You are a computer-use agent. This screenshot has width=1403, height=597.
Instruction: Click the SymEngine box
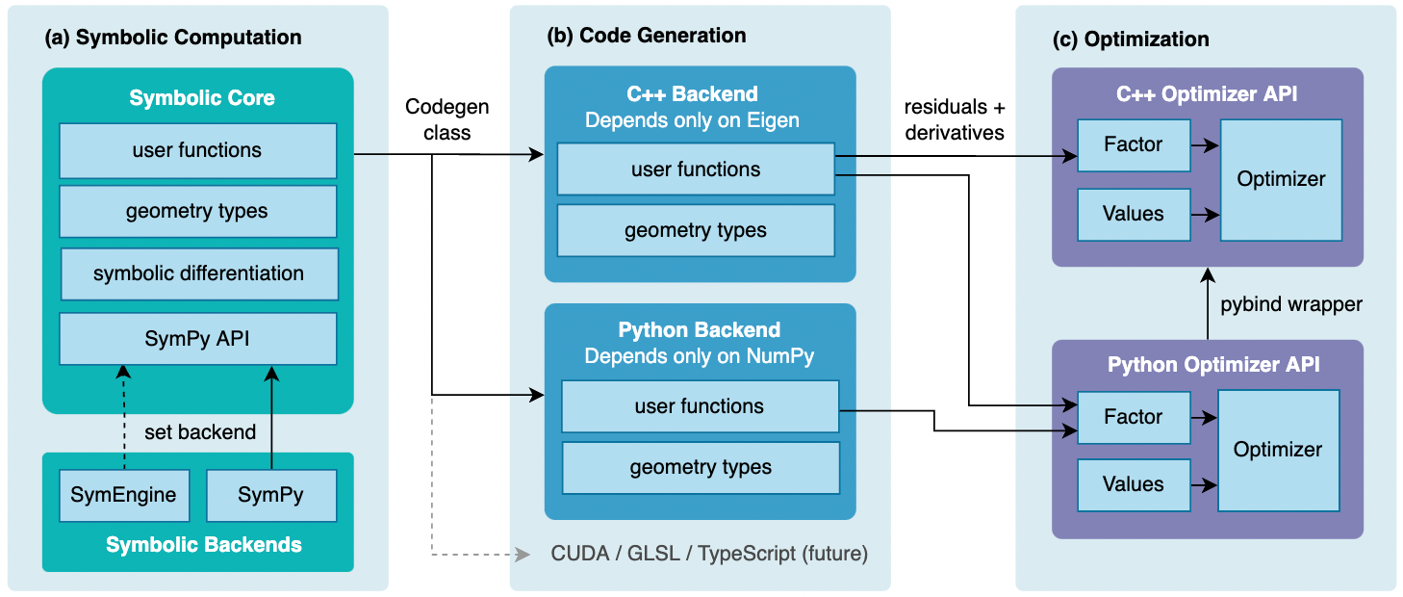pos(123,496)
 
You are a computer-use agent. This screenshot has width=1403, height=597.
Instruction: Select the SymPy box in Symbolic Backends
pos(270,496)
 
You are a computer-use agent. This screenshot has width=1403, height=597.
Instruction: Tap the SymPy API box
pos(197,338)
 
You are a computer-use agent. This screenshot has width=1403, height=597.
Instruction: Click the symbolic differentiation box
pos(198,273)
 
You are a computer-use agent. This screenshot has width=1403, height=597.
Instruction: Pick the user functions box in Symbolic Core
pos(197,150)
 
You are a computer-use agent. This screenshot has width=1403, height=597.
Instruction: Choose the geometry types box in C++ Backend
pos(695,230)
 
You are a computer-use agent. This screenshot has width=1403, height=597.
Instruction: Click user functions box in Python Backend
pos(700,406)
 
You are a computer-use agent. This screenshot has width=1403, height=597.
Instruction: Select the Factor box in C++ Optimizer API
pos(1134,144)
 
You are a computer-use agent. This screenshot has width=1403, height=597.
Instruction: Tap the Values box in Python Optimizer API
pos(1134,484)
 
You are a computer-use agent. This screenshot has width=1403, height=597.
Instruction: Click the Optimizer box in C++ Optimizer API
pos(1281,180)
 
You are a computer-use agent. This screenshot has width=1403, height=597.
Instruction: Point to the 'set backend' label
pos(201,432)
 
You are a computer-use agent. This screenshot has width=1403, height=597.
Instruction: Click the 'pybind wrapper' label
pos(1291,304)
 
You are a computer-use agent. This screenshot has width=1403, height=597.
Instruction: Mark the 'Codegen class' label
pos(447,119)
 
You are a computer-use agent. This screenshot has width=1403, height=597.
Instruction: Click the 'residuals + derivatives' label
pos(955,120)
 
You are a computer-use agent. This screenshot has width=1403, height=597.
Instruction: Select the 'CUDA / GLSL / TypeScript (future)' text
pos(709,554)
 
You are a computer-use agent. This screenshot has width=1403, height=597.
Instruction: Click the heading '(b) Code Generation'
pos(646,37)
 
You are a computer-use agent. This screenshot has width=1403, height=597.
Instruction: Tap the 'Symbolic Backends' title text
pos(203,545)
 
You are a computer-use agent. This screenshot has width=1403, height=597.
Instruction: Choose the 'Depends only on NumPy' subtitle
pos(699,356)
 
